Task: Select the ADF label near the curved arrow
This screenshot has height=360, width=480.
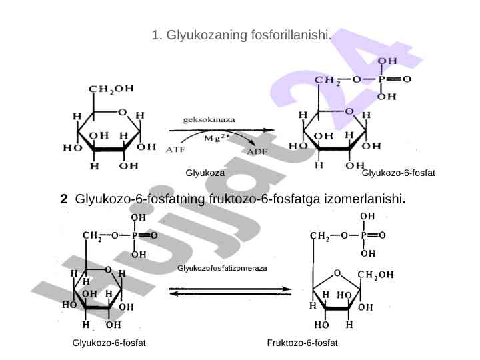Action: point(258,152)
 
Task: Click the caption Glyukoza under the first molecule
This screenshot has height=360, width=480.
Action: point(205,173)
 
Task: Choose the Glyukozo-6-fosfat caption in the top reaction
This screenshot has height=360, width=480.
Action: point(397,173)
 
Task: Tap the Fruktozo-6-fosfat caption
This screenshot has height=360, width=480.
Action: point(302,343)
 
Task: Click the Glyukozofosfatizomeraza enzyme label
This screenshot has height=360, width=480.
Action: point(222,268)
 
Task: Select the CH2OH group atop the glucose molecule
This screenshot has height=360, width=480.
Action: point(111,89)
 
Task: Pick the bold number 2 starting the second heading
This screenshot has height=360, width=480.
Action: point(63,199)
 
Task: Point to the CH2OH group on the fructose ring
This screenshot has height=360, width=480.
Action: point(375,274)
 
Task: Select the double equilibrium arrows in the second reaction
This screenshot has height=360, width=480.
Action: point(231,291)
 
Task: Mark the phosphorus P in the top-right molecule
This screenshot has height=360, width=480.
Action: point(382,79)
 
